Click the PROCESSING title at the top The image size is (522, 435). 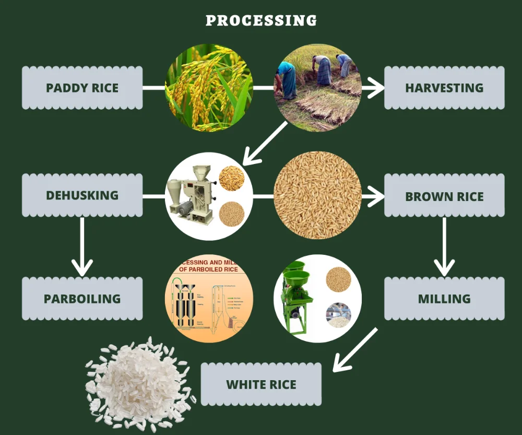pyautogui.click(x=261, y=20)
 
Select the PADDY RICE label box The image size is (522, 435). pyautogui.click(x=82, y=88)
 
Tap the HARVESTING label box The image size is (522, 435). pyautogui.click(x=444, y=88)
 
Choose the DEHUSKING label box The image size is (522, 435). pyautogui.click(x=82, y=195)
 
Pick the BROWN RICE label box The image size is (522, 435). pyautogui.click(x=444, y=196)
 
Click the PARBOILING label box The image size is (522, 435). pyautogui.click(x=82, y=299)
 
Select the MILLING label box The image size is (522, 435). pyautogui.click(x=444, y=299)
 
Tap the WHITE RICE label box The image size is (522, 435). pyautogui.click(x=261, y=384)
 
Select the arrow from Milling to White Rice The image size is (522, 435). pyautogui.click(x=355, y=350)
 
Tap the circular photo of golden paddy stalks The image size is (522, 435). pyautogui.click(x=209, y=88)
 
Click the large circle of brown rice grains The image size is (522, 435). pyautogui.click(x=317, y=195)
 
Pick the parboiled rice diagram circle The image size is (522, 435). pyautogui.click(x=209, y=299)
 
